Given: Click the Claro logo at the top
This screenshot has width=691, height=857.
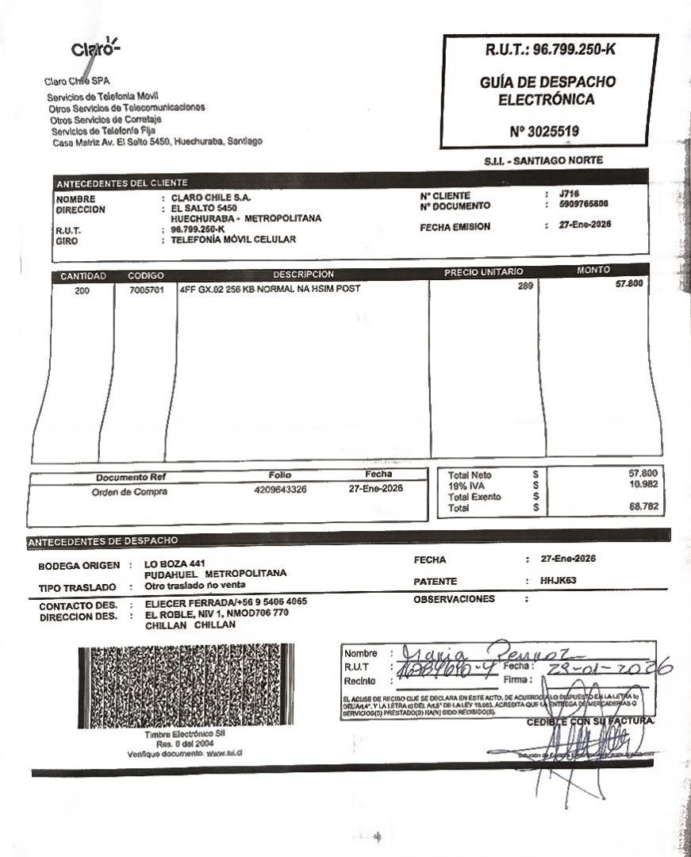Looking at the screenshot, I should (x=94, y=48).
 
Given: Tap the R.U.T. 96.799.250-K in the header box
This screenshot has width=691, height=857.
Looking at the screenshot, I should (x=550, y=50).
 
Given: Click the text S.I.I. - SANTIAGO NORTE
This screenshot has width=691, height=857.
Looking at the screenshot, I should (x=543, y=160).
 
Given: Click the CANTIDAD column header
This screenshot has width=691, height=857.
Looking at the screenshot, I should (x=83, y=276).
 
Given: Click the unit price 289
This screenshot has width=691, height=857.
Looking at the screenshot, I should (x=525, y=287).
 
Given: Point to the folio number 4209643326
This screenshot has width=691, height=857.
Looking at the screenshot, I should (x=280, y=490).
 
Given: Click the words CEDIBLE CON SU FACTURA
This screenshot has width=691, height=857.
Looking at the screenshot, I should (x=591, y=721).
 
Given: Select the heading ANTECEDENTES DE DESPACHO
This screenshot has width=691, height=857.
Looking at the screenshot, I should (x=102, y=541).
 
